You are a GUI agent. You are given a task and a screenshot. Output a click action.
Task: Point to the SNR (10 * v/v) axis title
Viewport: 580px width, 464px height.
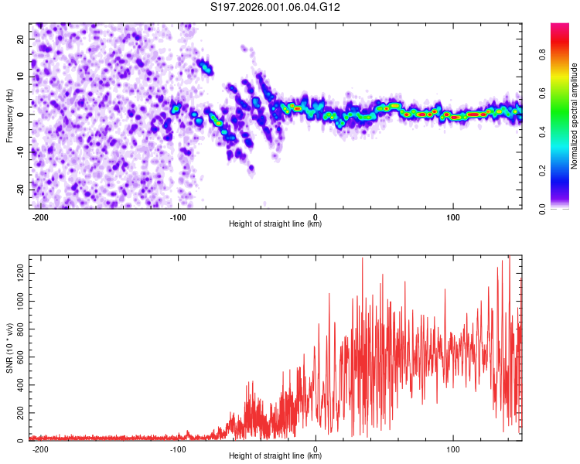click(x=9, y=348)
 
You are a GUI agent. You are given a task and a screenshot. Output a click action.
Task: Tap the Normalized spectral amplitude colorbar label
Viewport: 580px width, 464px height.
click(x=575, y=116)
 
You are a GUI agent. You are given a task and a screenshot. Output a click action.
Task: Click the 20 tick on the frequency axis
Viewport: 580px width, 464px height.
click(x=21, y=39)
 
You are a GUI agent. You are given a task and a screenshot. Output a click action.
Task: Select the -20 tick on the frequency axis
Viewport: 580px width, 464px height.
click(x=19, y=189)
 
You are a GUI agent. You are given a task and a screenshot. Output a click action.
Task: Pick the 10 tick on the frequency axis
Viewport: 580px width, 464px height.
click(x=21, y=77)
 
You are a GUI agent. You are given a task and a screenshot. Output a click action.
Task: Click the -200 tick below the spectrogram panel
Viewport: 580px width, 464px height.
click(x=41, y=217)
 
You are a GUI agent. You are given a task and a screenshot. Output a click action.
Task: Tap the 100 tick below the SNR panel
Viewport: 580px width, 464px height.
click(x=452, y=449)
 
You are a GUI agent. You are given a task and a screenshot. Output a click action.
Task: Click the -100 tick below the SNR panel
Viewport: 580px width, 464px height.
click(x=178, y=449)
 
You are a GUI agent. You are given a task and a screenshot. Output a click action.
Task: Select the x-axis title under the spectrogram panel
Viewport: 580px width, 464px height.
click(x=275, y=224)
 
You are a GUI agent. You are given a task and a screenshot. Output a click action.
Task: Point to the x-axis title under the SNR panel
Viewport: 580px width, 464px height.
click(x=275, y=456)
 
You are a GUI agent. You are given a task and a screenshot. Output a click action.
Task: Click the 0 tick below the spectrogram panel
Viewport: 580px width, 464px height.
click(x=316, y=217)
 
